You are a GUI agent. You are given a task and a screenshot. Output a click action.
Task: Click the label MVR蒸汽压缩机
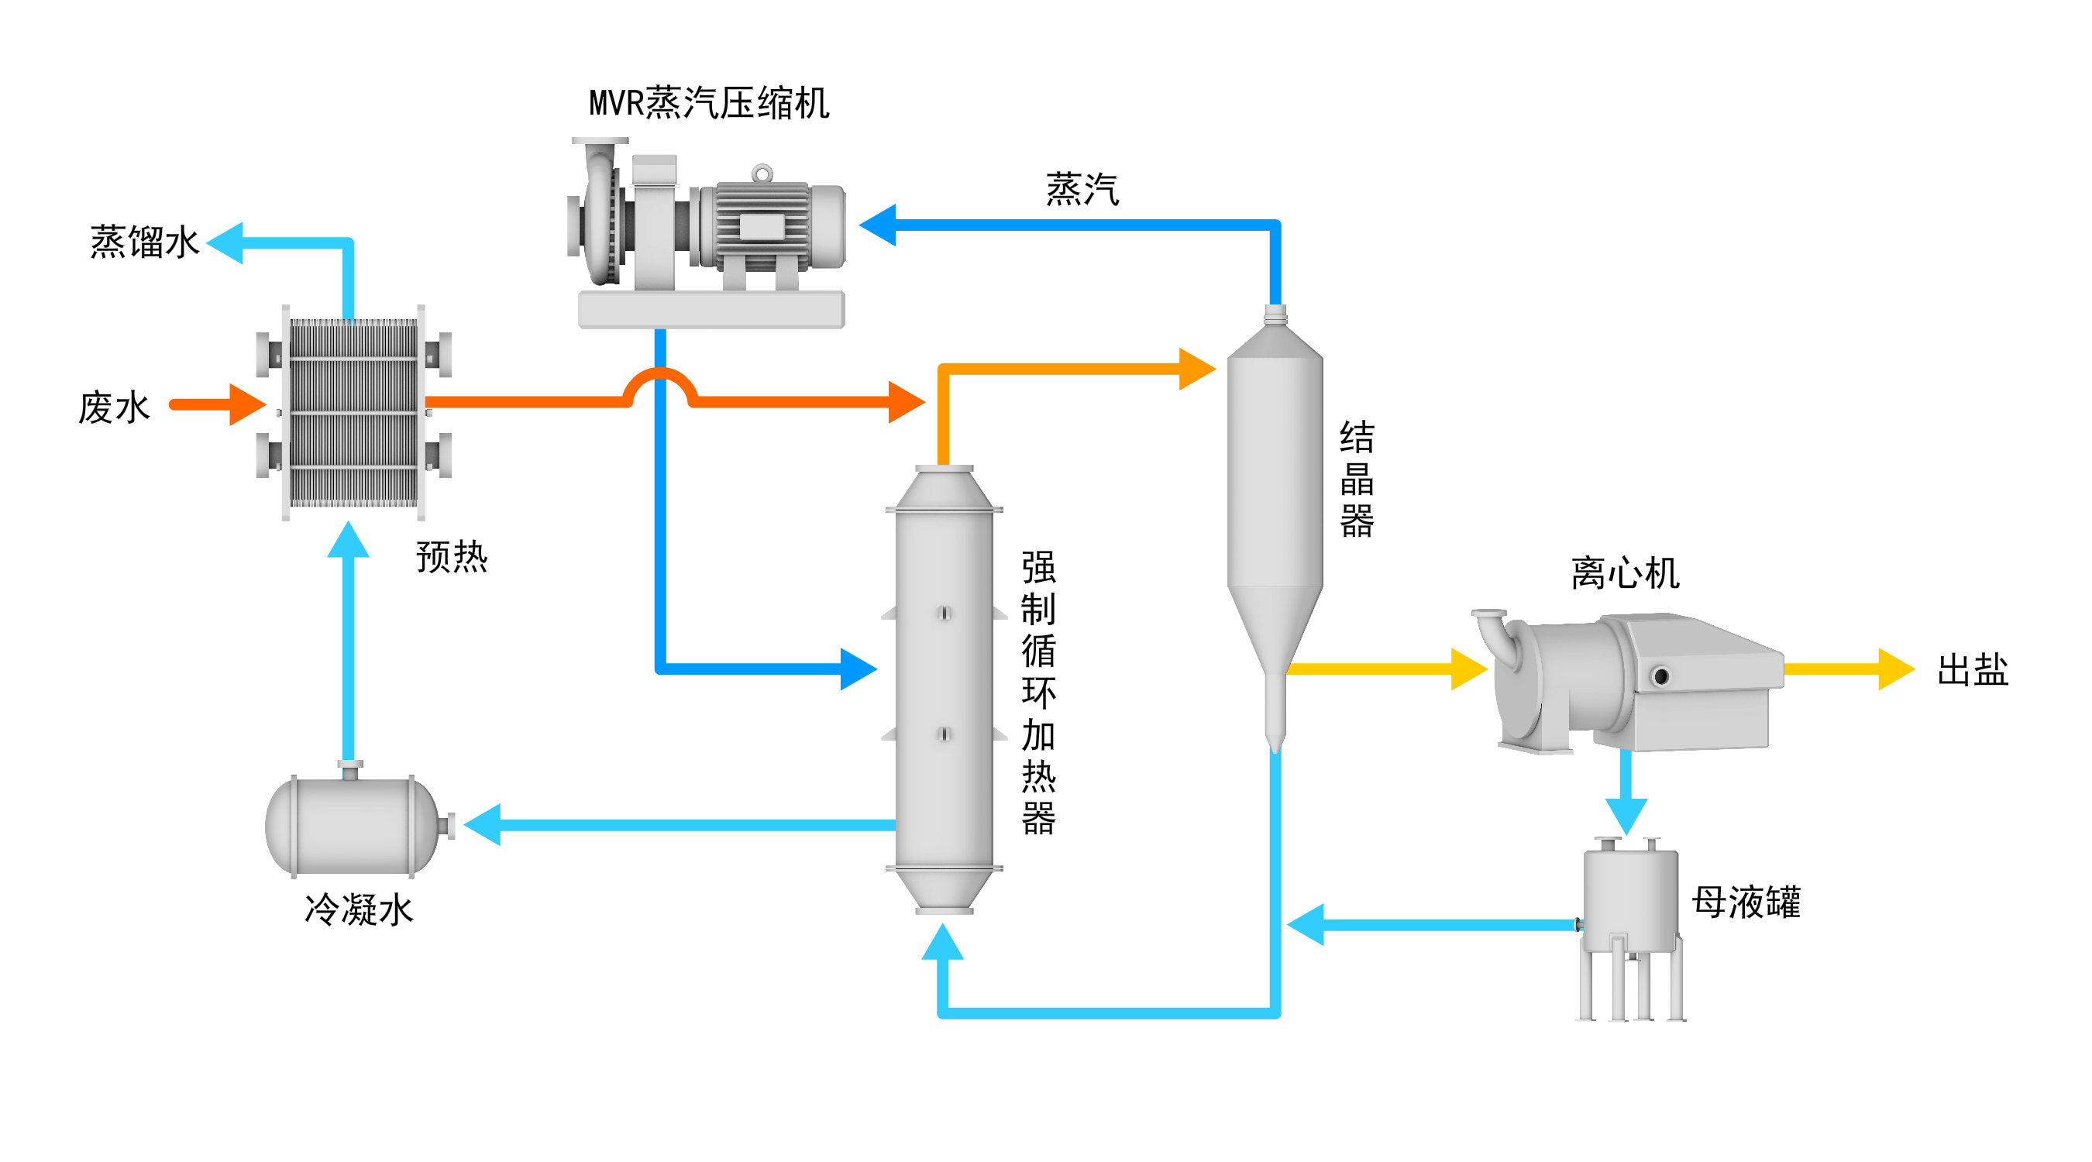[x=708, y=104]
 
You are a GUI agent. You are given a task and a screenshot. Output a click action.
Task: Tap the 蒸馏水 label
[x=144, y=242]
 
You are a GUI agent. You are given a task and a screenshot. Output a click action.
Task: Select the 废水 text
[x=114, y=407]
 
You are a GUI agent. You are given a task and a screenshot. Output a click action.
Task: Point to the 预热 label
[x=452, y=557]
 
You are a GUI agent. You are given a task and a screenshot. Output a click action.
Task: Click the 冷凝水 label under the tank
[x=358, y=909]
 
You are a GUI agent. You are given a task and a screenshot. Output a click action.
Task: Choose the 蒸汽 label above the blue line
[x=1082, y=190]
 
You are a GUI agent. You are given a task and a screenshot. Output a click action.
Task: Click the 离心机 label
[x=1625, y=573]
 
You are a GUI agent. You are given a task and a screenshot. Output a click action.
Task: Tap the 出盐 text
[x=1972, y=670]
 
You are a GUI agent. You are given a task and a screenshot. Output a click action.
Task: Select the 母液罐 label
[x=1746, y=902]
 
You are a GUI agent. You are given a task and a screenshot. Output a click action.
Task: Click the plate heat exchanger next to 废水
[x=353, y=412]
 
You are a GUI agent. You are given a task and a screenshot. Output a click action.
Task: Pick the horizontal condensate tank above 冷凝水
[x=353, y=825]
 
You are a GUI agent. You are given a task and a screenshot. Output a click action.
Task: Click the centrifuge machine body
[x=1633, y=682]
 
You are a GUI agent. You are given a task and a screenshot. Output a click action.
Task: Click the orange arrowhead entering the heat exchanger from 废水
[x=247, y=404]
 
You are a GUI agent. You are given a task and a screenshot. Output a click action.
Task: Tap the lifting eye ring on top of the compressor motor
[x=762, y=173]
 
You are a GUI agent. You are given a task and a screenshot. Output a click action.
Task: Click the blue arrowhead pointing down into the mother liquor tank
[x=1626, y=814]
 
